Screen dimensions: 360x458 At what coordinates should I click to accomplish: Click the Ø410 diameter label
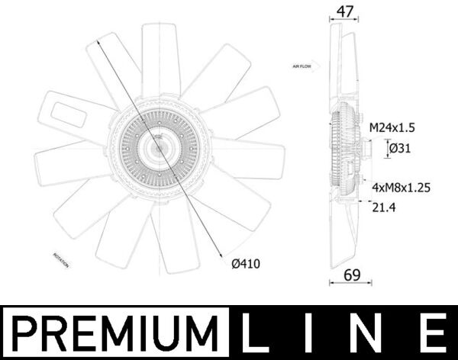click(247, 265)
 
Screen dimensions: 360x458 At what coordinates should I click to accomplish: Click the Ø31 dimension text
click(402, 149)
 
